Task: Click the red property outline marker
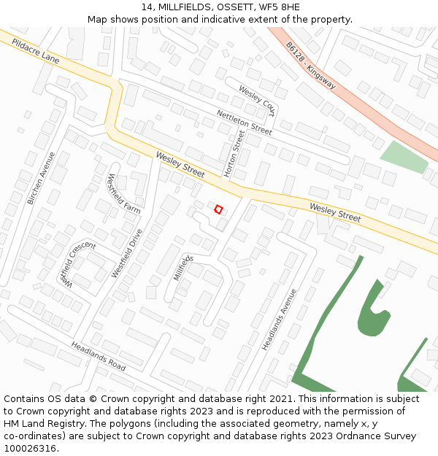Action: point(218,209)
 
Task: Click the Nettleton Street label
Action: point(244,122)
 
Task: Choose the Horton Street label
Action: point(231,154)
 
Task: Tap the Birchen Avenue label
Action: point(41,178)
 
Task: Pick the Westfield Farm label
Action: point(123,193)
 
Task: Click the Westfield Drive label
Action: point(127,252)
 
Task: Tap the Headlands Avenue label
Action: point(280,319)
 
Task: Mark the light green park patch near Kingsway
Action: point(404,157)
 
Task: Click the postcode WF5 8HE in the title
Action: point(274,7)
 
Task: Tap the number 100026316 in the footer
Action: point(30,448)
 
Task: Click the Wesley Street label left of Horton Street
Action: point(180,164)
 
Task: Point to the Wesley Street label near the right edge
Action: point(335,212)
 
